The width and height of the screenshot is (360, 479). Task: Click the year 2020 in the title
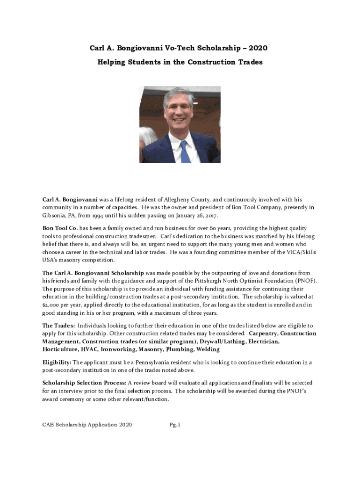click(259, 48)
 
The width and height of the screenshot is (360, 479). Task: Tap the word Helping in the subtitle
click(112, 62)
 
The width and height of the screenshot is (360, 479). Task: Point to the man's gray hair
click(180, 96)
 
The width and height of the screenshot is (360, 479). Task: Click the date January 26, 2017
click(197, 216)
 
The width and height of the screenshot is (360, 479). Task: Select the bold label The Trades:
click(58, 326)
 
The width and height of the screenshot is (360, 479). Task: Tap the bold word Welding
click(208, 349)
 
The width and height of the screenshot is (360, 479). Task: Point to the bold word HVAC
click(89, 349)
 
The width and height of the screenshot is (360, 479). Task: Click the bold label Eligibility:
click(57, 362)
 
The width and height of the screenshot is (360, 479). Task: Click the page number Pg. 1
click(175, 425)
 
